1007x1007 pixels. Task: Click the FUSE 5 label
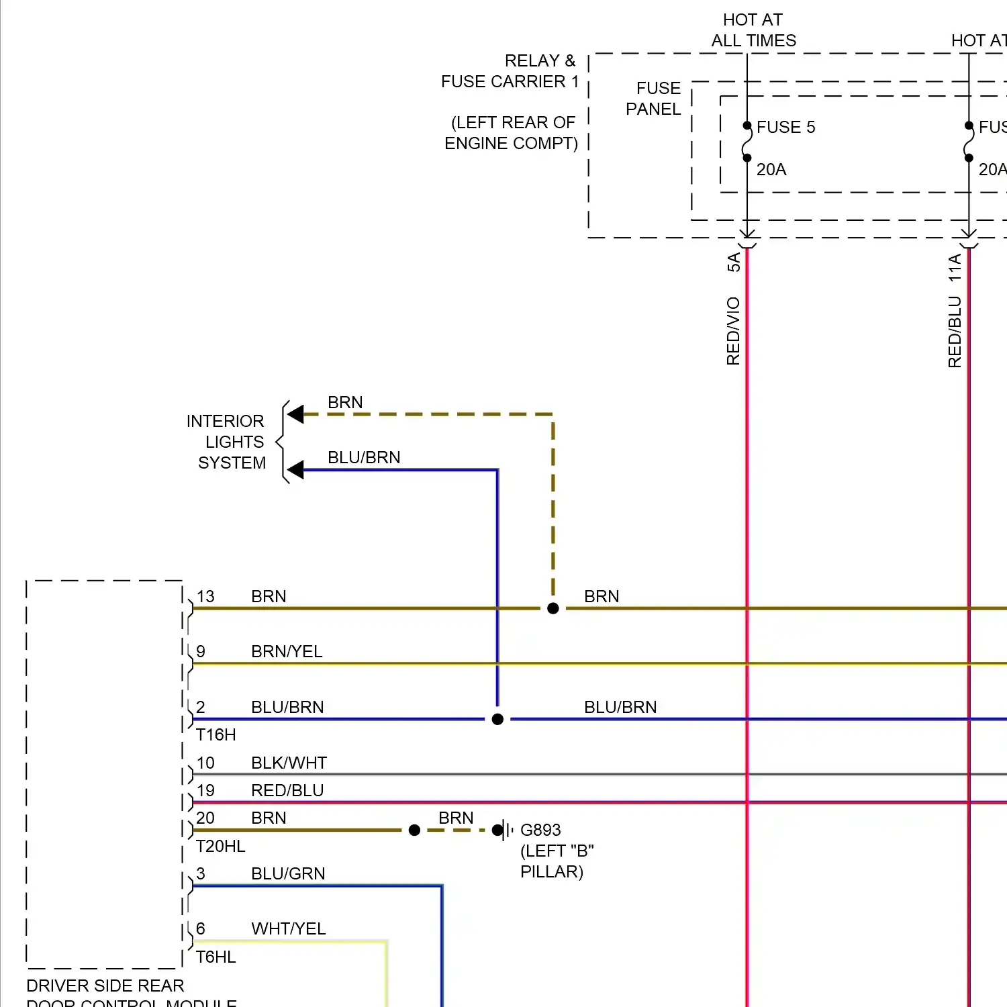point(785,127)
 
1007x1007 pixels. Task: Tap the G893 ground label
point(540,830)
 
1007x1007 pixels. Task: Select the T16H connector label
point(215,734)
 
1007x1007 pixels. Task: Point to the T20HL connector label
point(220,846)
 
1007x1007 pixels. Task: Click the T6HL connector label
point(215,957)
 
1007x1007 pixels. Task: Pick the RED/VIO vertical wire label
point(733,331)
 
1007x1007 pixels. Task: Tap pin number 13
point(205,596)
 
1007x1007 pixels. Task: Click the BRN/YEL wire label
point(287,651)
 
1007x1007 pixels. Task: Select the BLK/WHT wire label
point(289,763)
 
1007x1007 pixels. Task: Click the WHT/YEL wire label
point(288,928)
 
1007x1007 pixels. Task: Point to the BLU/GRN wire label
point(288,873)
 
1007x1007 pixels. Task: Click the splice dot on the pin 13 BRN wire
point(553,608)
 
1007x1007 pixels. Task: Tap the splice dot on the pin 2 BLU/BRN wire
point(497,719)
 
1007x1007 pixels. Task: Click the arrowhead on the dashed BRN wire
point(295,414)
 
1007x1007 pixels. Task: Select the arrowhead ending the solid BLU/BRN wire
point(295,470)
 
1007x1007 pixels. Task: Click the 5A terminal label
point(734,262)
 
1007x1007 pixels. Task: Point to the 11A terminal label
point(955,267)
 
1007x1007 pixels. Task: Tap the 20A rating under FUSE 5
point(771,169)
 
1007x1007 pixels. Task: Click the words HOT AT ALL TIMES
point(753,30)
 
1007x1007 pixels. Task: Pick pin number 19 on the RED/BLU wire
point(205,790)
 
